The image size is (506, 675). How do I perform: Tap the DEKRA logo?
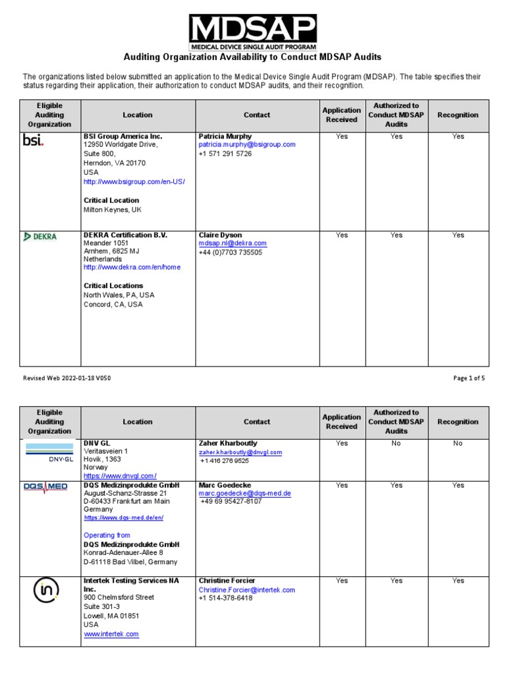tap(40, 237)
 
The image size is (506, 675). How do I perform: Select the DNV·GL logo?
tap(50, 453)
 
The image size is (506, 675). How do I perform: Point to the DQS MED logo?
tap(45, 486)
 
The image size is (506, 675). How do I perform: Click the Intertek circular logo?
tap(47, 590)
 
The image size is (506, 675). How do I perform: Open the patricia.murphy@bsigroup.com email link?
tap(247, 144)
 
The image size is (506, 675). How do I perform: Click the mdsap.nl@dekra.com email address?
tap(233, 243)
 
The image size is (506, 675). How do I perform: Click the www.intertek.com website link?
tap(111, 634)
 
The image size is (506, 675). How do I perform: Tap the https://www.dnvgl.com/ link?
tap(119, 476)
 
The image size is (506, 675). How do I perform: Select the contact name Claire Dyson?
tap(220, 235)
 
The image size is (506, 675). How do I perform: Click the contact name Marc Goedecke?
tap(225, 485)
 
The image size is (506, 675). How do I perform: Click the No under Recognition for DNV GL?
tap(458, 444)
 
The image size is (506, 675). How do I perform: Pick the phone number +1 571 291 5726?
tap(225, 154)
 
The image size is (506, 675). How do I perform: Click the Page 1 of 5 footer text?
tap(468, 378)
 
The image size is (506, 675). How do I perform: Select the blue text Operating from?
tap(107, 535)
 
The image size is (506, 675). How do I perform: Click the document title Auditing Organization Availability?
tap(253, 57)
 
